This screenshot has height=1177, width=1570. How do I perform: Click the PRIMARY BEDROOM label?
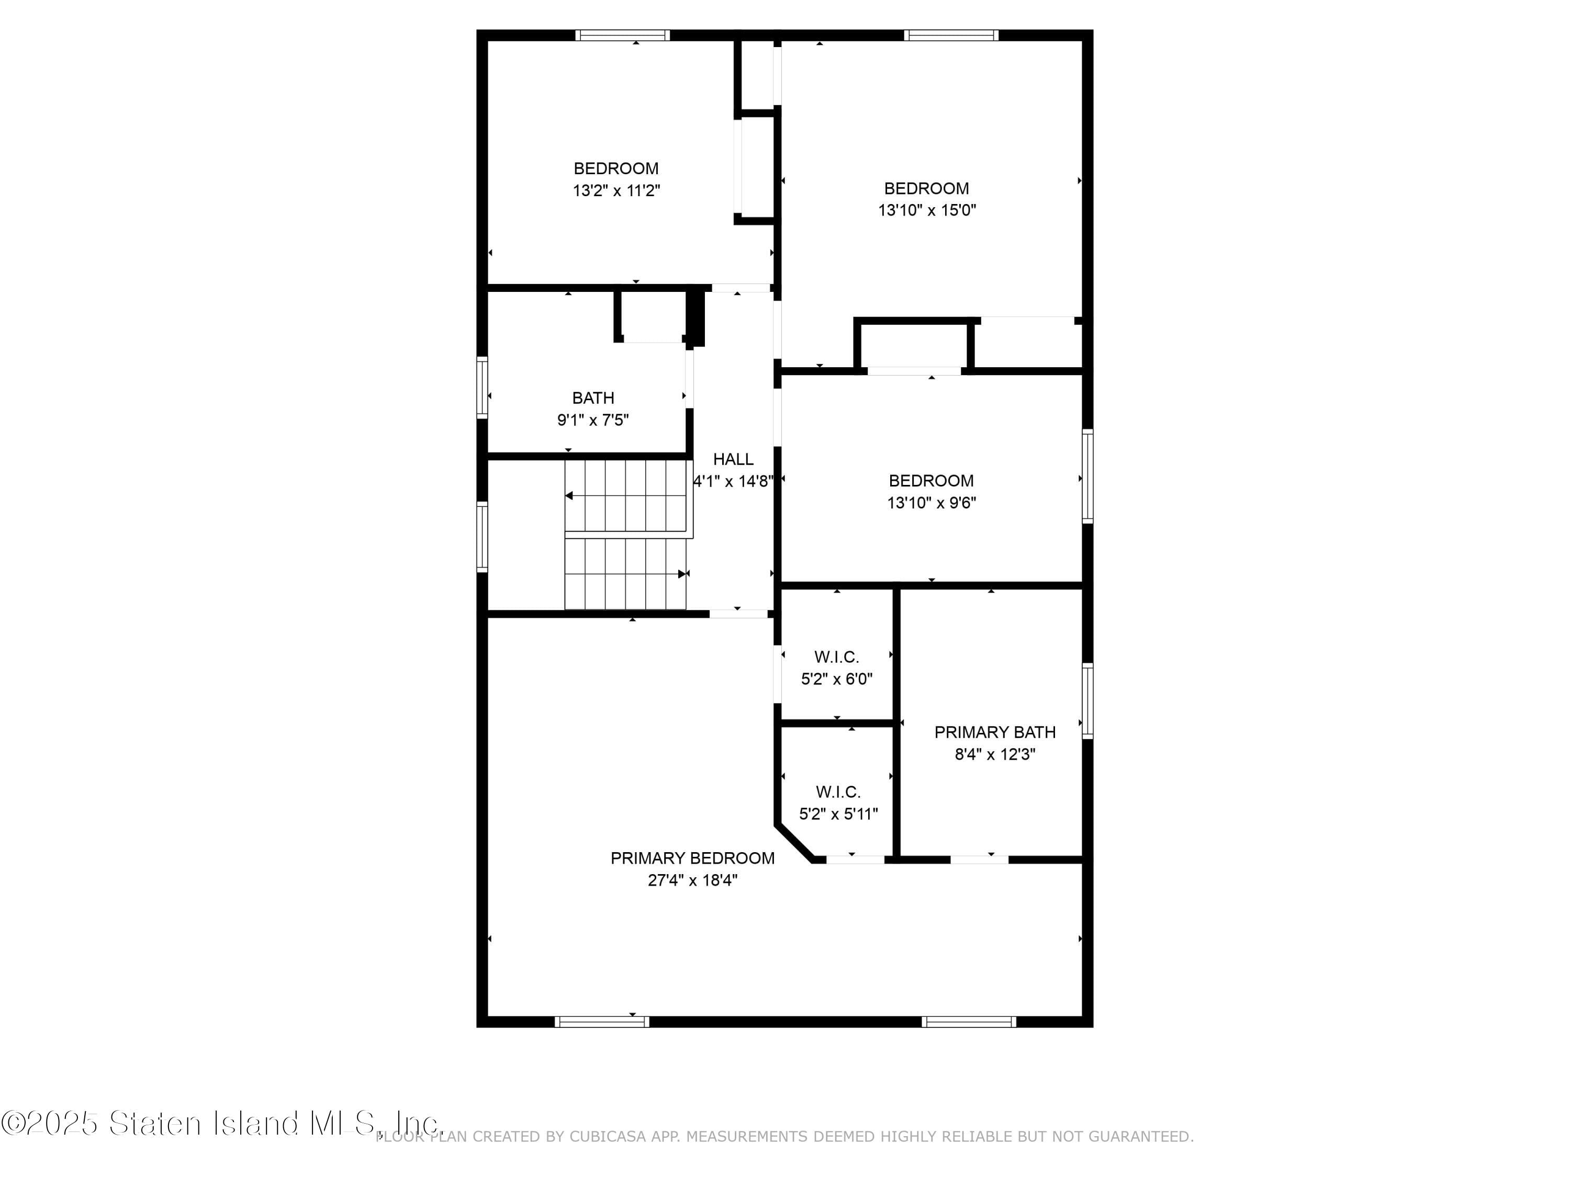692,858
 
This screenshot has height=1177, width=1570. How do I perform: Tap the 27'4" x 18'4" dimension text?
692,880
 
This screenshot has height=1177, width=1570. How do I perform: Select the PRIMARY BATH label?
994,731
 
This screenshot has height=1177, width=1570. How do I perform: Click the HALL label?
733,459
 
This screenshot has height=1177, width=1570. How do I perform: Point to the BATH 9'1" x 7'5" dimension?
592,420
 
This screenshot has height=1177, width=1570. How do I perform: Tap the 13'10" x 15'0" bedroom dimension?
927,210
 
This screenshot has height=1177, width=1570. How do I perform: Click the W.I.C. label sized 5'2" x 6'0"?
836,657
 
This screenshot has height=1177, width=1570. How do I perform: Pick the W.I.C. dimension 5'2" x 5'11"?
838,814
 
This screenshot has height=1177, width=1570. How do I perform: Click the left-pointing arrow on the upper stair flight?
569,495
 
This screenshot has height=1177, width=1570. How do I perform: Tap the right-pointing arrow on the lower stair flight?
682,574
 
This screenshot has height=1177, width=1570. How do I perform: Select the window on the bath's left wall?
482,387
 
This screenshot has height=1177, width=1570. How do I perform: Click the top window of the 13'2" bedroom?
622,35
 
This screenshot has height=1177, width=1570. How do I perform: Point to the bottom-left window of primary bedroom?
601,1022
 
